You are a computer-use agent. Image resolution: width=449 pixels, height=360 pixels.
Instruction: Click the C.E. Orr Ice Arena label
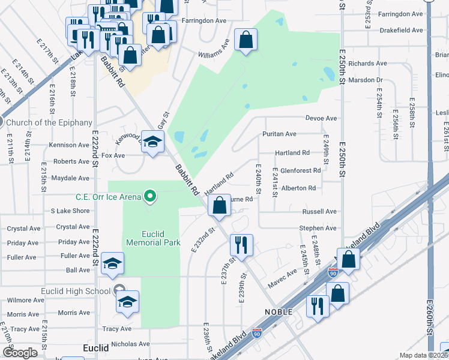point(107,196)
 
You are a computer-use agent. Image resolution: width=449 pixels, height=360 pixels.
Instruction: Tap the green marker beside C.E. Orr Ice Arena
point(151,196)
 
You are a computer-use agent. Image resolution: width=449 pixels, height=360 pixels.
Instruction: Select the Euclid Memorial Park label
point(153,238)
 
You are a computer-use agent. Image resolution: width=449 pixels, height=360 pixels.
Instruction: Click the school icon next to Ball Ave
point(112,264)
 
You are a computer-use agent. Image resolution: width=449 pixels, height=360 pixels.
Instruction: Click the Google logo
point(20,353)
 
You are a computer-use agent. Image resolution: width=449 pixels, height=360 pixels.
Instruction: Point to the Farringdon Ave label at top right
point(402,14)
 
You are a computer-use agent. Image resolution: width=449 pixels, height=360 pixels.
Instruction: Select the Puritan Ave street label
point(279,134)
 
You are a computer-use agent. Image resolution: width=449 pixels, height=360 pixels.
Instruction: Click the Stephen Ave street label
point(318,228)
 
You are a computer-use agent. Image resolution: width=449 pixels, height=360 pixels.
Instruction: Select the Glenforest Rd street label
point(300,170)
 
